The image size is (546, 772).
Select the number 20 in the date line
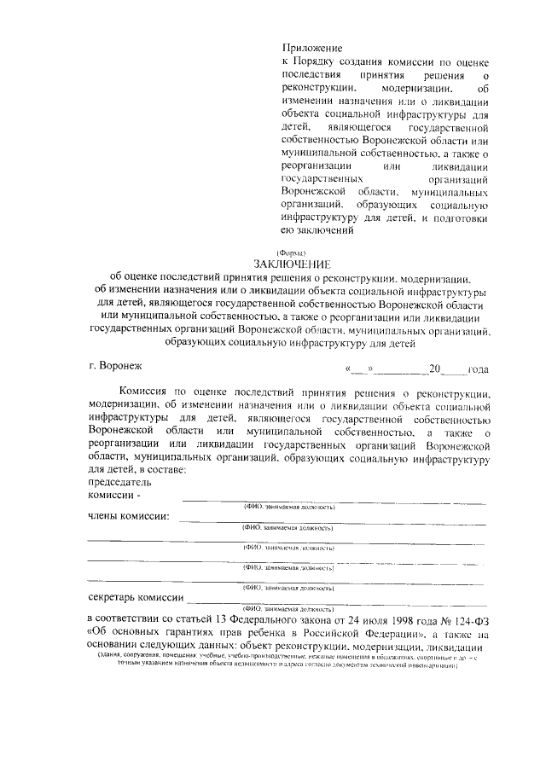(x=435, y=369)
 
